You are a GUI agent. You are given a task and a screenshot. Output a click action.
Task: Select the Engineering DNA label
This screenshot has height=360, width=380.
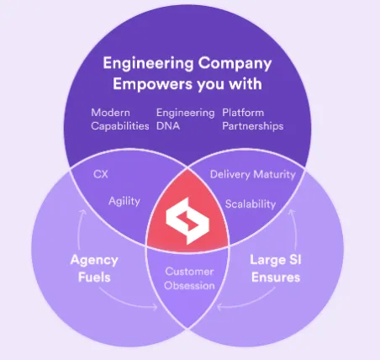tap(180, 119)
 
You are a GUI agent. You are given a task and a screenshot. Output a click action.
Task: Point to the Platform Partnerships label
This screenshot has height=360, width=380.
tap(252, 119)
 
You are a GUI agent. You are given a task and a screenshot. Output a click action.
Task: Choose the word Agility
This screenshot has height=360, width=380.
tap(124, 202)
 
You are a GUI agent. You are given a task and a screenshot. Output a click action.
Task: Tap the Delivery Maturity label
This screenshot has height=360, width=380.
tap(251, 175)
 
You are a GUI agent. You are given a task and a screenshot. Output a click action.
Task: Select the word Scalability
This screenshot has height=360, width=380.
tap(251, 203)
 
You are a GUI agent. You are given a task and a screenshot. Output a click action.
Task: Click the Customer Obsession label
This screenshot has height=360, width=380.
tap(190, 278)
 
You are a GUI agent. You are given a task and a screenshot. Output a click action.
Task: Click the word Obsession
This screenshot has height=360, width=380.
tap(190, 285)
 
